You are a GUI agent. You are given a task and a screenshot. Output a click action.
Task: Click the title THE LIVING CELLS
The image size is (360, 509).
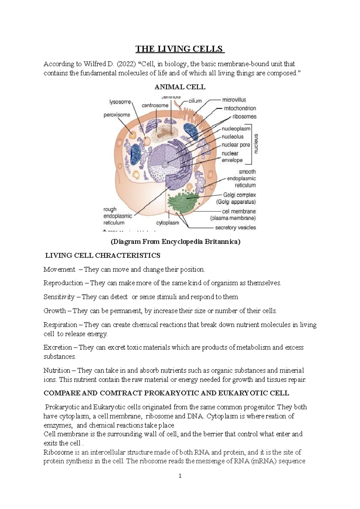[180, 49]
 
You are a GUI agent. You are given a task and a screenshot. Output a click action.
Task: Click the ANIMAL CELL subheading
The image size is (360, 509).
[180, 87]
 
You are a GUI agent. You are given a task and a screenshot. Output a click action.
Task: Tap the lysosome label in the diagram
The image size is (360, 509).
[120, 102]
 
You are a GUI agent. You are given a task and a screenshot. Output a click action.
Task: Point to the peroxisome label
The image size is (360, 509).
[117, 115]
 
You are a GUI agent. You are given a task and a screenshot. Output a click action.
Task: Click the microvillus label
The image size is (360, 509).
[234, 100]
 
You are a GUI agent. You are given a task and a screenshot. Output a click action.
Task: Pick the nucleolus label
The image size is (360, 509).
[232, 137]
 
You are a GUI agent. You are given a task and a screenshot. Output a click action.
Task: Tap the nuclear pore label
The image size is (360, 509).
[236, 145]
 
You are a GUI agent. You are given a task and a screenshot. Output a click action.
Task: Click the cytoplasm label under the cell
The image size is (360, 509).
[168, 223]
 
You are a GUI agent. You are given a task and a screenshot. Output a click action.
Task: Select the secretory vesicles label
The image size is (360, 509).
[235, 228]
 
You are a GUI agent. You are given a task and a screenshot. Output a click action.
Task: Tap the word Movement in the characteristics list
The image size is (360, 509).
[59, 269]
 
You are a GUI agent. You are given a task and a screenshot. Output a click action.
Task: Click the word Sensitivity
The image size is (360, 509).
[59, 297]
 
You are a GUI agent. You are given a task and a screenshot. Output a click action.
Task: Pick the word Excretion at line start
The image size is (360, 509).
[58, 347]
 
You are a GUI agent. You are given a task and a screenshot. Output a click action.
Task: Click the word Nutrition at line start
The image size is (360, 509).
[57, 371]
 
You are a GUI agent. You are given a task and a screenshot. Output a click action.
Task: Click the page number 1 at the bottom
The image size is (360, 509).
[180, 476]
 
